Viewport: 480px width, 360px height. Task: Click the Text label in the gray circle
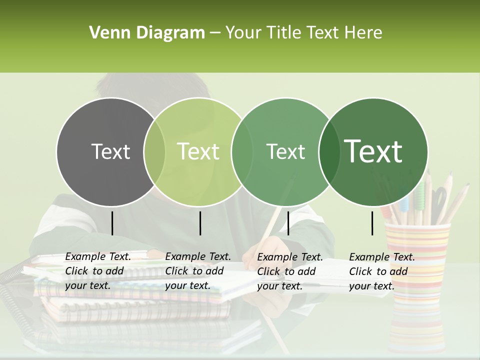point(110,152)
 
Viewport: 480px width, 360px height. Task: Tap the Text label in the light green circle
point(198,152)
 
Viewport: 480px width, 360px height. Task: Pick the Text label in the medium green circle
point(286,152)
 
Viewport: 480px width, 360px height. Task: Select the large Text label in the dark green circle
point(373,151)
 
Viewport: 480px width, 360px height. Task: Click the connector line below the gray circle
point(112,223)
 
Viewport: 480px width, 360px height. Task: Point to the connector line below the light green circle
point(200,223)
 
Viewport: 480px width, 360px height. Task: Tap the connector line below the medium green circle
point(288,223)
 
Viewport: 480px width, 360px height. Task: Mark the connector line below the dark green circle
point(372,223)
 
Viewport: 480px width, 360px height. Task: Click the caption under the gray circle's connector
point(98,271)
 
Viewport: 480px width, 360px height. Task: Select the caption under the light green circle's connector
point(198,271)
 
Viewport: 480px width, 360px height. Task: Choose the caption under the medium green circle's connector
point(290,271)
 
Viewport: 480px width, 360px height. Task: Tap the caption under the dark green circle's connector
point(382,271)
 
